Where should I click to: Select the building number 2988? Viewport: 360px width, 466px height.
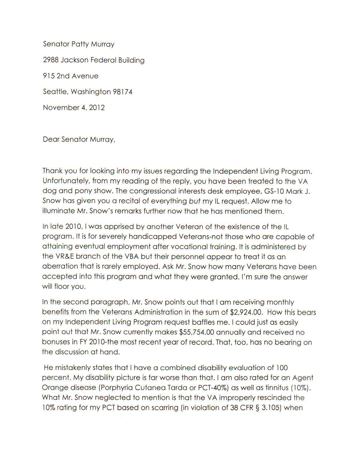tap(51, 60)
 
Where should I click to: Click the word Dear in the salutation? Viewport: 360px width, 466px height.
tap(51, 139)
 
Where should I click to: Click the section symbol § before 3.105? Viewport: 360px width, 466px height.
tap(257, 408)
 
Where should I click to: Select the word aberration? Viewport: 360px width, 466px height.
tap(60, 266)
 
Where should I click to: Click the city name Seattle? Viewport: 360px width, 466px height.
tap(55, 92)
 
